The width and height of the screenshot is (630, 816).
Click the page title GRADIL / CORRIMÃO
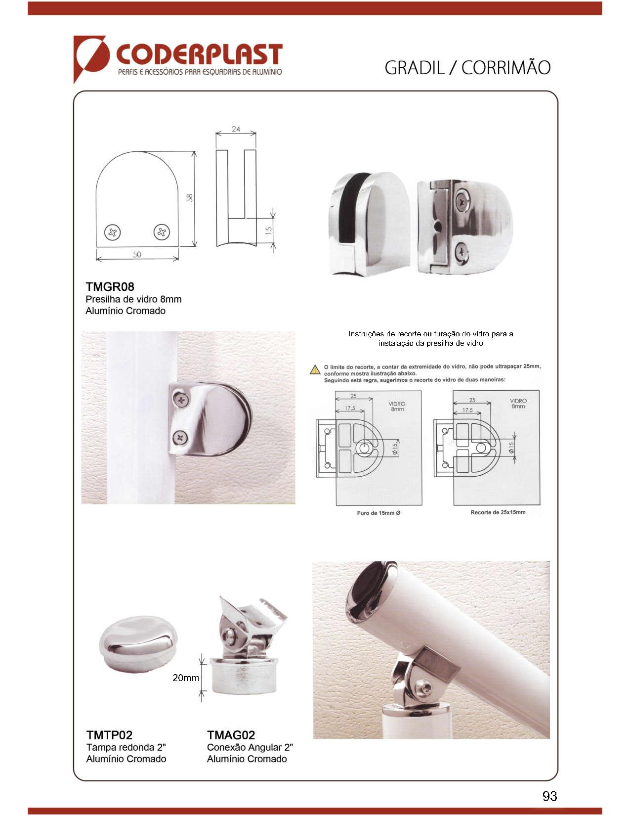pos(467,68)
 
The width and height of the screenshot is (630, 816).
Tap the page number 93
pos(549,796)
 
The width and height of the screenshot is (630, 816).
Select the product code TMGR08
pos(110,287)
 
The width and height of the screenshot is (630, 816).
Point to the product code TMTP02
pos(109,735)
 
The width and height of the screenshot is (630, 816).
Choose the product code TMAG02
pos(231,735)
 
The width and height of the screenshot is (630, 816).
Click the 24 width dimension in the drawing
pos(236,129)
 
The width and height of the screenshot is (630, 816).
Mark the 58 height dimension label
pos(190,198)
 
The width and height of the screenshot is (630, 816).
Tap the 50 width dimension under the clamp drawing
pos(137,255)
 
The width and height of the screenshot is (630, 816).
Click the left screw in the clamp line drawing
pos(112,232)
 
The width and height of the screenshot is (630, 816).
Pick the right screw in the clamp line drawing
pos(162,232)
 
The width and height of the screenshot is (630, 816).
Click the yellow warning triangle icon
pos(315,370)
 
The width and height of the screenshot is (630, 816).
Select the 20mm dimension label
pos(185,678)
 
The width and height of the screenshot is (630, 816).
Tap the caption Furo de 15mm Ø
pos(378,513)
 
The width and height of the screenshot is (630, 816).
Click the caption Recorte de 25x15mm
pos(498,512)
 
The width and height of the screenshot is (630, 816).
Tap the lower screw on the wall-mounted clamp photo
pos(180,437)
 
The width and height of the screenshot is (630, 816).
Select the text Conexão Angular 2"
pos(250,747)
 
